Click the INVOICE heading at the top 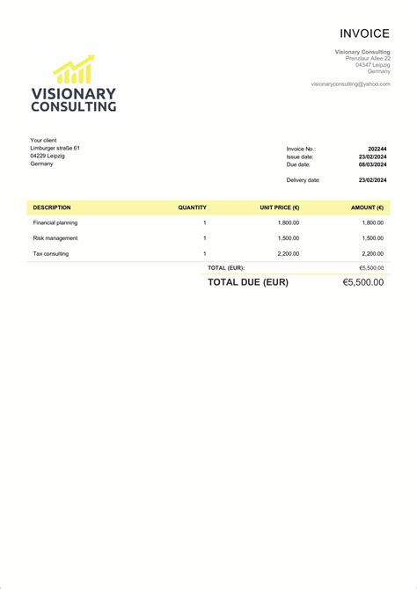(364, 33)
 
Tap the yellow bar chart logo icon (74, 70)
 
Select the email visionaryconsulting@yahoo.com (350, 84)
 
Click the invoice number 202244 (377, 149)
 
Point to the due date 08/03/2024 (372, 164)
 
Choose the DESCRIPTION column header (52, 207)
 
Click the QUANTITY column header (192, 207)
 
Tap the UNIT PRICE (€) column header (279, 207)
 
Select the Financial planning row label (55, 223)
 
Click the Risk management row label (55, 238)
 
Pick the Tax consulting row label (50, 254)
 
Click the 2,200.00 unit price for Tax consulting (288, 254)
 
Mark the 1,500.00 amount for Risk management (372, 238)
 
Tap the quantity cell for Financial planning (204, 223)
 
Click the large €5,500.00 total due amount (362, 282)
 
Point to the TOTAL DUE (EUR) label (247, 282)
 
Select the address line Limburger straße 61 (55, 148)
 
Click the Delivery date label (303, 180)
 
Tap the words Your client (43, 140)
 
